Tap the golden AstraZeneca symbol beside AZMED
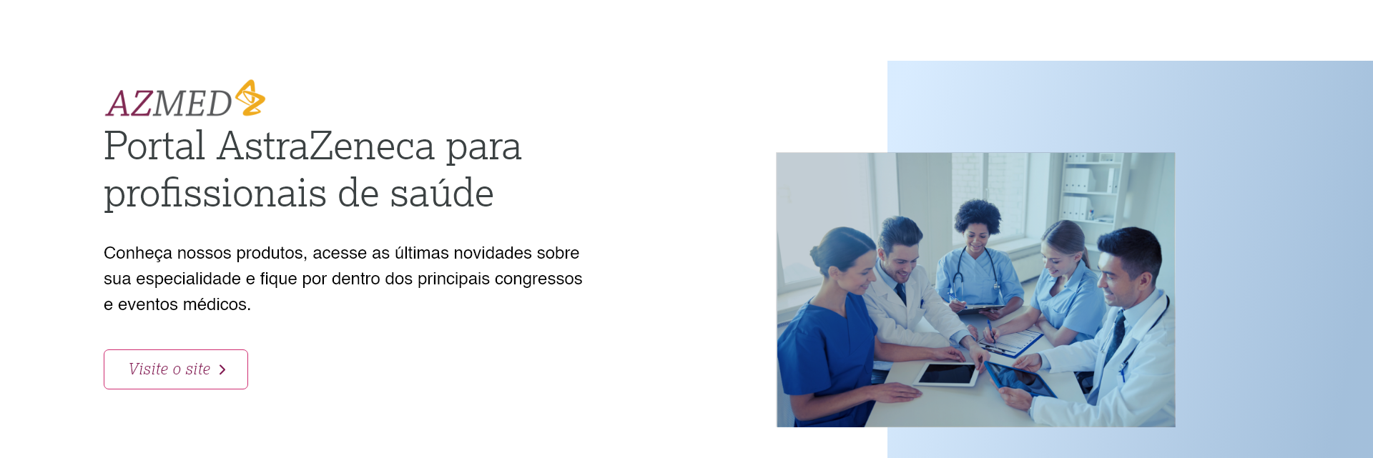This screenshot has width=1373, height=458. click(x=250, y=98)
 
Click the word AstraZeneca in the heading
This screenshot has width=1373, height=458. click(x=326, y=146)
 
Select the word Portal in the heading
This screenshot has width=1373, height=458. click(x=154, y=146)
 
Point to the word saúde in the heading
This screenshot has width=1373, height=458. click(x=441, y=194)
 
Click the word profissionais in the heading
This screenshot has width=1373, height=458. click(x=215, y=194)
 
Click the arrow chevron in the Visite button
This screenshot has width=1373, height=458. click(x=222, y=369)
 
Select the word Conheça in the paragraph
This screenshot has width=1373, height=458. click(x=137, y=253)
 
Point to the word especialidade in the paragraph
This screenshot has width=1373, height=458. click(x=188, y=279)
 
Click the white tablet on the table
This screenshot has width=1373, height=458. click(x=947, y=373)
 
